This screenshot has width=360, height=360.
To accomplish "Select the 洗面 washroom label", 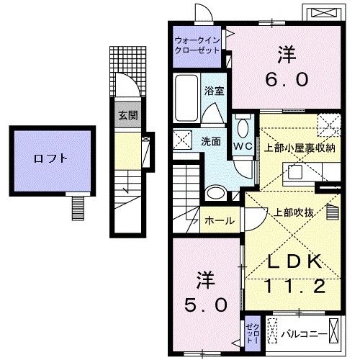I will click(210, 142).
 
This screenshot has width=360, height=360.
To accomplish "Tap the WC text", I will click(242, 144).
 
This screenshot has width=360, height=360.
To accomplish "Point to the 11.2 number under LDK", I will click(294, 286).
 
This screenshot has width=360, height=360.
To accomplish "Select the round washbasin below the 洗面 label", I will click(214, 192).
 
